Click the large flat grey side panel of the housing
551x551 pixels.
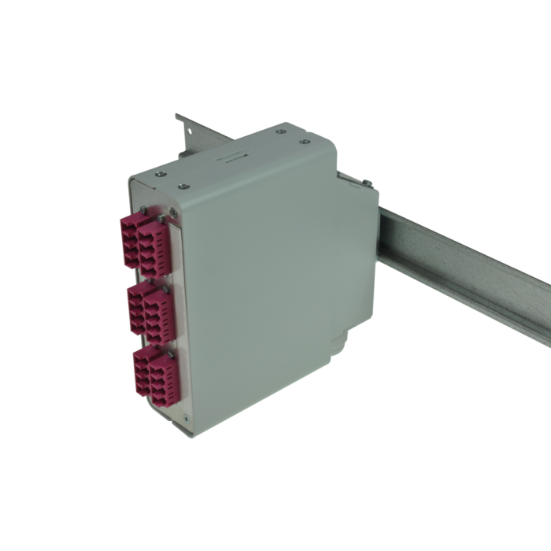click(260, 291)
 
